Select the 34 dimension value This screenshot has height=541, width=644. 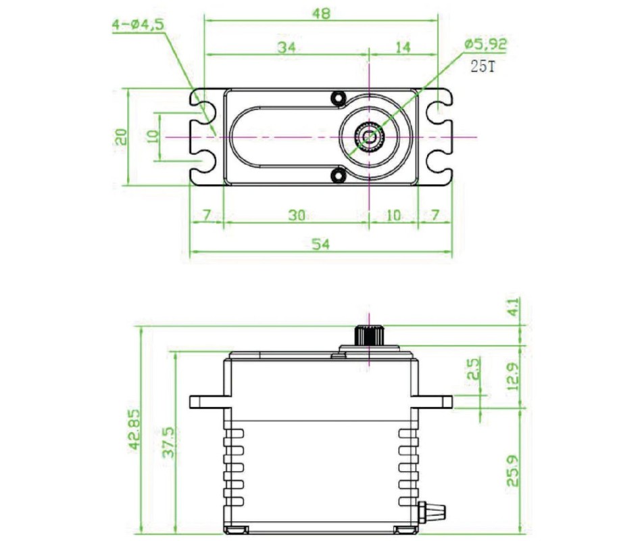[x=287, y=47]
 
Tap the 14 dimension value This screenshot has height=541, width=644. [x=403, y=47]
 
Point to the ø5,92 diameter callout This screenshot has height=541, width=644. [x=486, y=44]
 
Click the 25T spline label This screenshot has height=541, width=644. [x=483, y=66]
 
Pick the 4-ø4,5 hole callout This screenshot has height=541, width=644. [x=138, y=24]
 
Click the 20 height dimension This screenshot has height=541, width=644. [x=121, y=137]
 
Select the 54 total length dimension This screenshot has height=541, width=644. [x=321, y=243]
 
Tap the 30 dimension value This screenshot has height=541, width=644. [x=297, y=214]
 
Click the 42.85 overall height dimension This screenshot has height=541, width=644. [x=134, y=429]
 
